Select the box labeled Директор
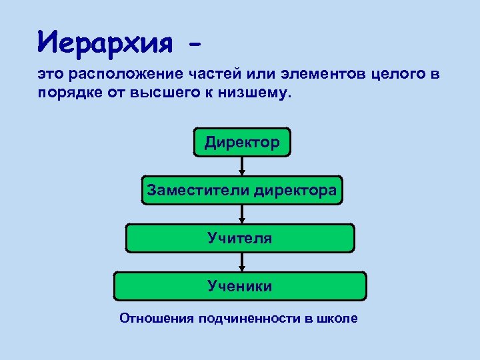tap(242, 141)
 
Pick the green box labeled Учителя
tap(240, 237)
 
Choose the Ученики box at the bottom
tap(240, 286)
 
